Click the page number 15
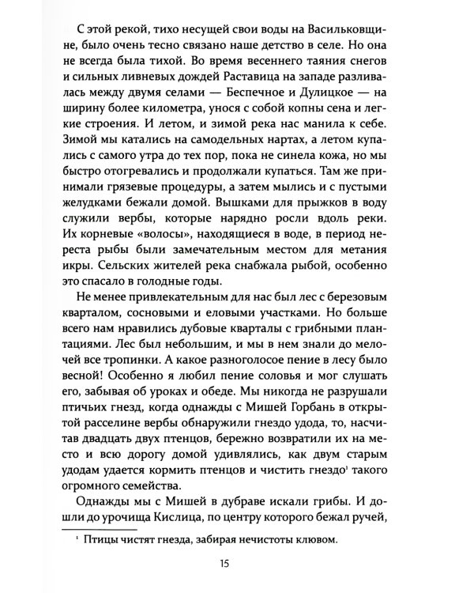pyautogui.click(x=237, y=563)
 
